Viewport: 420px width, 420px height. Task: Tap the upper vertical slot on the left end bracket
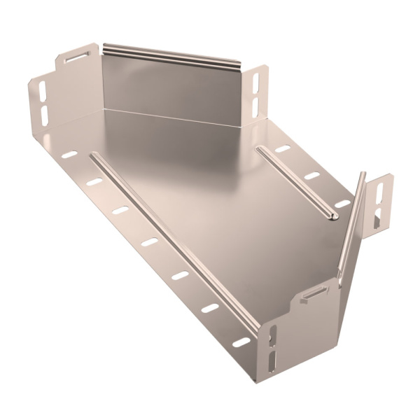(42, 90)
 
